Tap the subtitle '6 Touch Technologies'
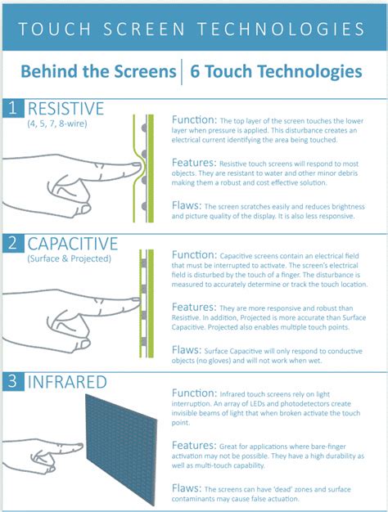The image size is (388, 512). click(276, 72)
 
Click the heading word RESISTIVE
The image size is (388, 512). click(65, 108)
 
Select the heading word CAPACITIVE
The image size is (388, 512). click(71, 243)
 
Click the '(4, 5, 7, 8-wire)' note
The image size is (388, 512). click(59, 124)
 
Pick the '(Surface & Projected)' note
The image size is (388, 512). click(67, 258)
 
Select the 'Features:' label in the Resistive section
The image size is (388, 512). click(195, 163)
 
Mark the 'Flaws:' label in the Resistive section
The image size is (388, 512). click(187, 206)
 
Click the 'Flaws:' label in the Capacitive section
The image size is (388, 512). click(187, 349)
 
